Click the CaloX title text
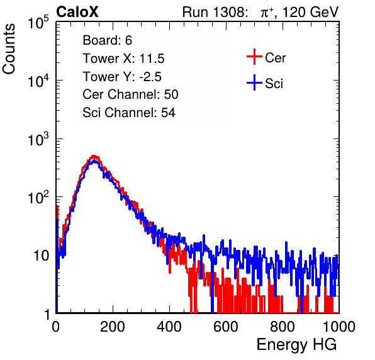[x=77, y=12]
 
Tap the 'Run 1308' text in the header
[x=215, y=12]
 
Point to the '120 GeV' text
[x=311, y=12]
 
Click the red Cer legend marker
[x=254, y=57]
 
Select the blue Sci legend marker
[x=254, y=82]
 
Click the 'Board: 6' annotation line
[x=108, y=40]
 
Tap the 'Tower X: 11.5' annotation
[x=123, y=59]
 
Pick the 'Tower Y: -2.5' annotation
[x=122, y=77]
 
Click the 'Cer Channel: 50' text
[x=130, y=94]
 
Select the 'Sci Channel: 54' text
[x=129, y=113]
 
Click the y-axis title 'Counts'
[x=9, y=49]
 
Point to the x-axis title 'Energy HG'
[x=296, y=345]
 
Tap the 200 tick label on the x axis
[x=113, y=327]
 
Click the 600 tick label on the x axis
[x=226, y=327]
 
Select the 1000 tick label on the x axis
[x=339, y=327]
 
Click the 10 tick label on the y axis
[x=42, y=256]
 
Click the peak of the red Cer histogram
[x=94, y=156]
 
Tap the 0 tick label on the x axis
[x=55, y=327]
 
